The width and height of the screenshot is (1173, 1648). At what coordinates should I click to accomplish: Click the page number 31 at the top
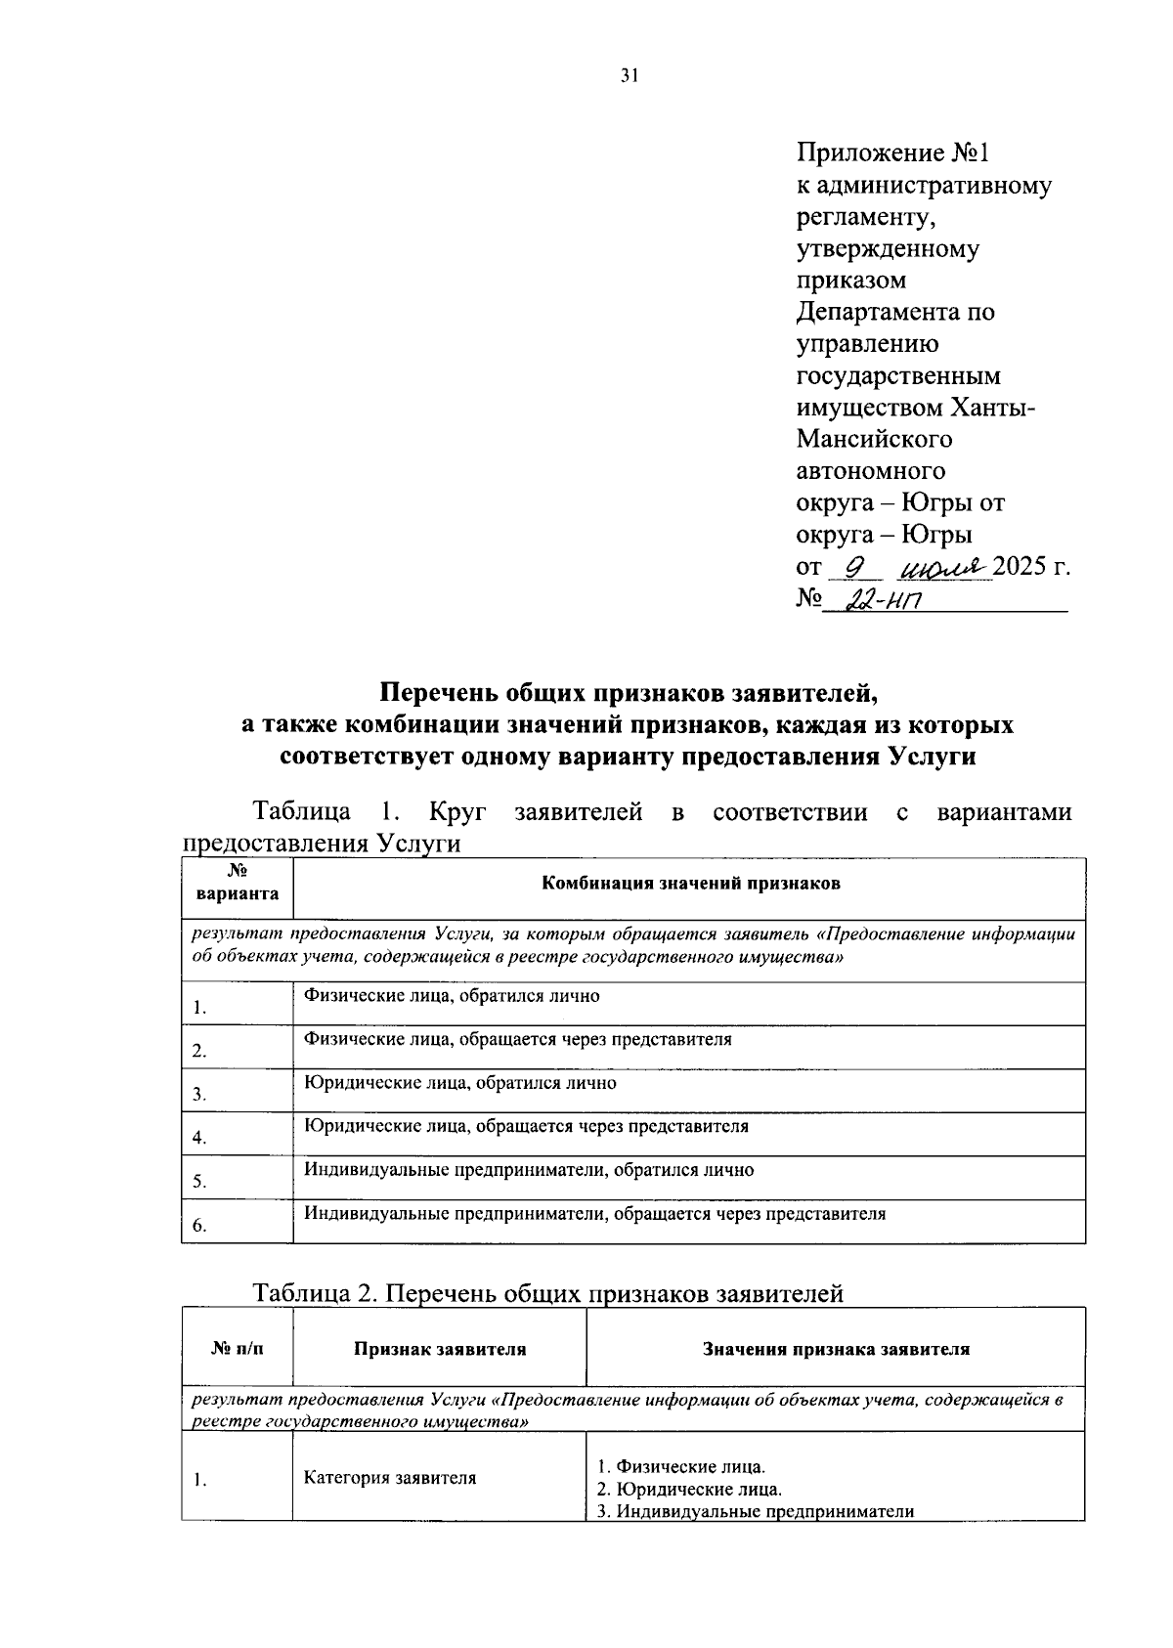(629, 76)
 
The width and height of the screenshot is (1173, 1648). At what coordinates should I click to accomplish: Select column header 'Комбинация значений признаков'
(690, 884)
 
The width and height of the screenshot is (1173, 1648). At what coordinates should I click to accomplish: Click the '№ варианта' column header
(237, 884)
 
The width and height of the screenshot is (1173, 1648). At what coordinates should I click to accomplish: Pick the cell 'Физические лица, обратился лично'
(452, 996)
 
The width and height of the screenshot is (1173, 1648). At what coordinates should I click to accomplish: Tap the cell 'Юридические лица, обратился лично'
(459, 1083)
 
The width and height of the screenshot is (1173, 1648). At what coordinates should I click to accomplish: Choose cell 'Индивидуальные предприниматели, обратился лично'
(528, 1170)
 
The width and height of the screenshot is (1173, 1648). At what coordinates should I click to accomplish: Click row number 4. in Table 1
(199, 1138)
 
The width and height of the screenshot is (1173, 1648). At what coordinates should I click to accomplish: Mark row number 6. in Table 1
(199, 1225)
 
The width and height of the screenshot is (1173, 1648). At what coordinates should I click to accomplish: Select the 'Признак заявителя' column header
(440, 1350)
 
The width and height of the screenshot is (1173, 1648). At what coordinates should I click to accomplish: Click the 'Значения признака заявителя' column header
(836, 1350)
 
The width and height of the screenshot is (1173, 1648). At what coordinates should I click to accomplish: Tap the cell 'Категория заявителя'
(390, 1478)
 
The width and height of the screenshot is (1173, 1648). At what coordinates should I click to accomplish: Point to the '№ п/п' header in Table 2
(237, 1350)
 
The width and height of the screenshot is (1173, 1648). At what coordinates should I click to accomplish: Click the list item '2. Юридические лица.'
(689, 1490)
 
